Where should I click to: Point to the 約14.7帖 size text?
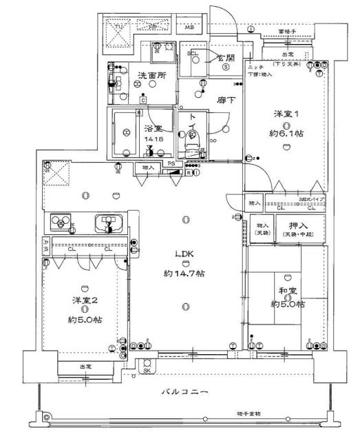[x=184, y=274]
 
